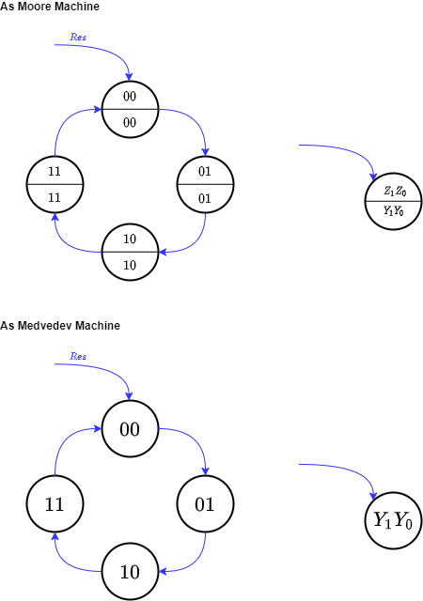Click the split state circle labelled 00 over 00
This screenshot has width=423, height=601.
(130, 109)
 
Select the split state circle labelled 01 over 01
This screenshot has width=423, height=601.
(205, 184)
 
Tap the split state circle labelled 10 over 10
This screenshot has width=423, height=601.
(130, 252)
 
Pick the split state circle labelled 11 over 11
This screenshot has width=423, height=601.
(55, 184)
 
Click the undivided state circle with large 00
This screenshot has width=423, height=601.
(130, 429)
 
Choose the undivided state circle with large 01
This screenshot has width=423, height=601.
(205, 504)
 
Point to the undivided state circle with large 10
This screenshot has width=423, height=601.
(130, 572)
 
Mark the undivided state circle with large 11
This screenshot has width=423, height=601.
(55, 504)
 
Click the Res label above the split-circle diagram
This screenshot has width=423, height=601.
(78, 38)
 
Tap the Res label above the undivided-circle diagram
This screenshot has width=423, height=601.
(78, 357)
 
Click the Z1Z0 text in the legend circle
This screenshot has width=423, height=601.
(393, 192)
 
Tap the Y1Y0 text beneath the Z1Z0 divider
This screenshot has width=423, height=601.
(393, 212)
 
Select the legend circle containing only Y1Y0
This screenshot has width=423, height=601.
(393, 520)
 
